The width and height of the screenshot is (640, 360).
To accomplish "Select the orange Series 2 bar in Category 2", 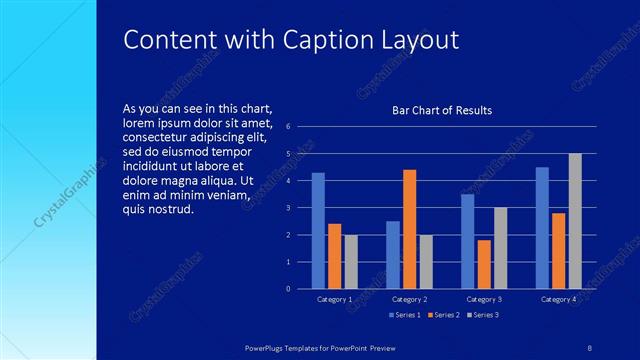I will tap(409, 229).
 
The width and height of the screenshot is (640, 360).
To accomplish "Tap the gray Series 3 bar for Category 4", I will tap(575, 221).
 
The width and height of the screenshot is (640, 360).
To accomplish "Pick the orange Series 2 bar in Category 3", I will tap(484, 264).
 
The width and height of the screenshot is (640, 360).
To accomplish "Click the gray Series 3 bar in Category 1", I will tap(350, 262).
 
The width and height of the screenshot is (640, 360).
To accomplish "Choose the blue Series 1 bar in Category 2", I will tap(393, 255).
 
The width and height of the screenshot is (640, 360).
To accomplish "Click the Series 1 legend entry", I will tap(404, 315).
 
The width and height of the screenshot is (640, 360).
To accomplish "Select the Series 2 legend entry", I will tap(444, 315).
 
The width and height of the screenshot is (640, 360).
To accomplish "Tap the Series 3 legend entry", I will tap(483, 315).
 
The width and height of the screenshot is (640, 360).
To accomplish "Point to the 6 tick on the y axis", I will tap(288, 127).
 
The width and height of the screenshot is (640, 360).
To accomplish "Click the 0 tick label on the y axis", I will tap(288, 289).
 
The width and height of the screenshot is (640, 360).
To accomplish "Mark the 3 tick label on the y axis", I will tap(288, 208).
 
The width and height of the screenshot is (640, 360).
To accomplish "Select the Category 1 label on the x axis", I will tap(334, 300).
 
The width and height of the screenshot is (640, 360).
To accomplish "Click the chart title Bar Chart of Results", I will tap(441, 110).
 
